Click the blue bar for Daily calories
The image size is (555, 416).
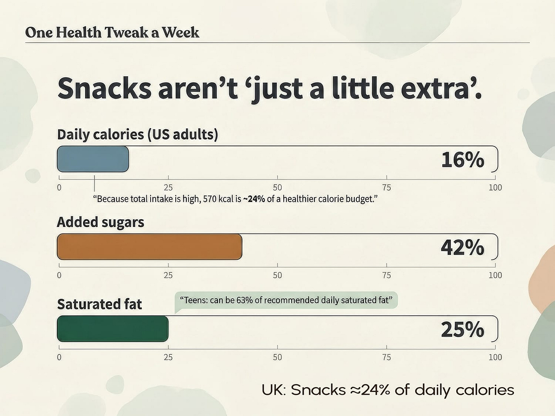point(93,159)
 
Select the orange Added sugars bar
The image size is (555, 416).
point(149,247)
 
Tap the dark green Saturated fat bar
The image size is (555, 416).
point(112,329)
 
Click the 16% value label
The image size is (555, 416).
point(462,160)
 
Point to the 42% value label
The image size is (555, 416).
point(462,248)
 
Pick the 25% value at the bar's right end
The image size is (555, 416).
point(462,330)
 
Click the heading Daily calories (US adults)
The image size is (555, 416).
point(137,134)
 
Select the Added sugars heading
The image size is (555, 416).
point(100,222)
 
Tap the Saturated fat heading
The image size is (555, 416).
point(99,304)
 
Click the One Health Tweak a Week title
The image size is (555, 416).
point(112,32)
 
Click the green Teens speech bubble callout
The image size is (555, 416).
point(286,300)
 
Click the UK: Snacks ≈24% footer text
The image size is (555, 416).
point(388,390)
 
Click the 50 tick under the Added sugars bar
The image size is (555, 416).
point(277,275)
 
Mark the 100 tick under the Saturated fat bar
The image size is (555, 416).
point(495,357)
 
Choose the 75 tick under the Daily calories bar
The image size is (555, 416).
point(387,187)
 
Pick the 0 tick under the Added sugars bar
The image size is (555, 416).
point(59,275)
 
